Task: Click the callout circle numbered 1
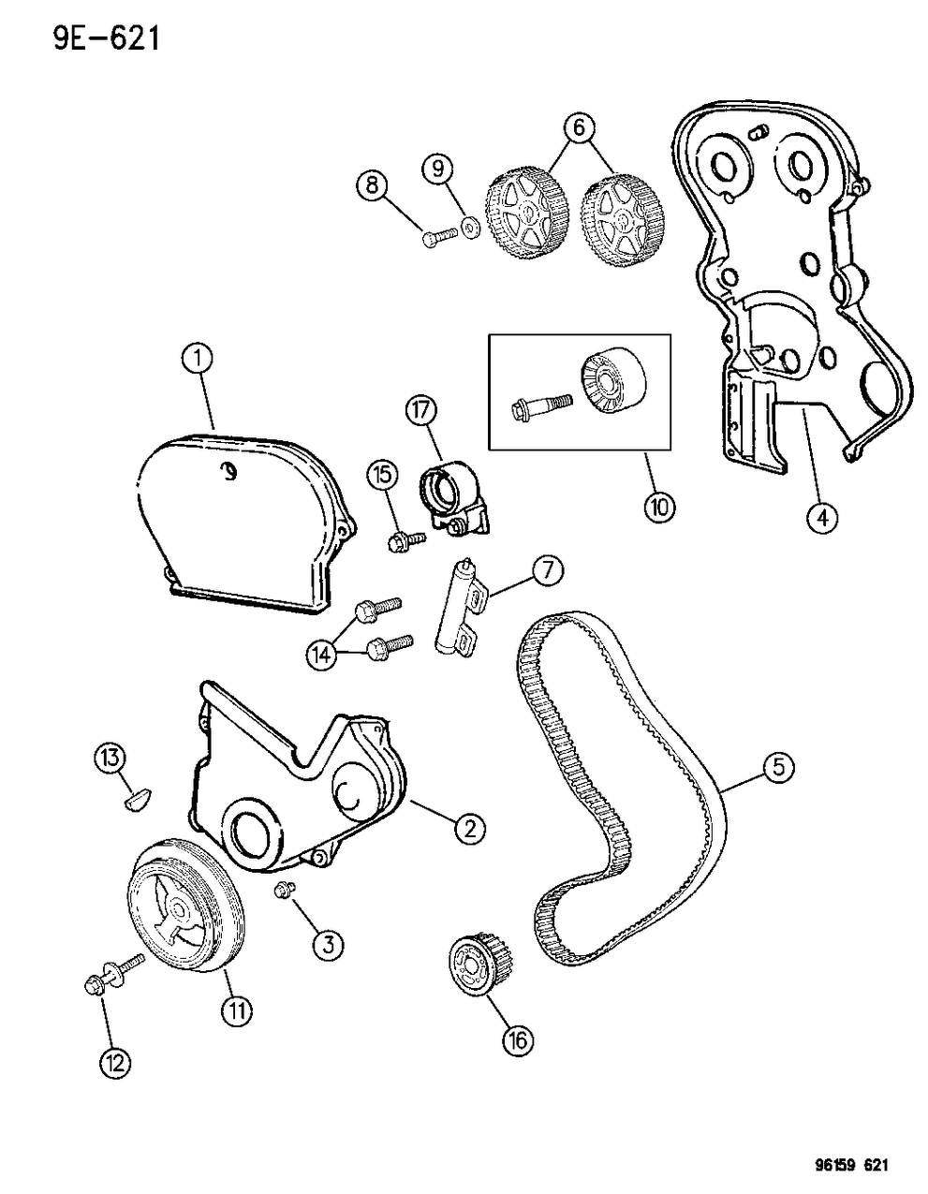click(x=199, y=357)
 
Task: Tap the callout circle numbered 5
click(x=777, y=768)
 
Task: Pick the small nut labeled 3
click(x=285, y=888)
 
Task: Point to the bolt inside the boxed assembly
click(x=535, y=406)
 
